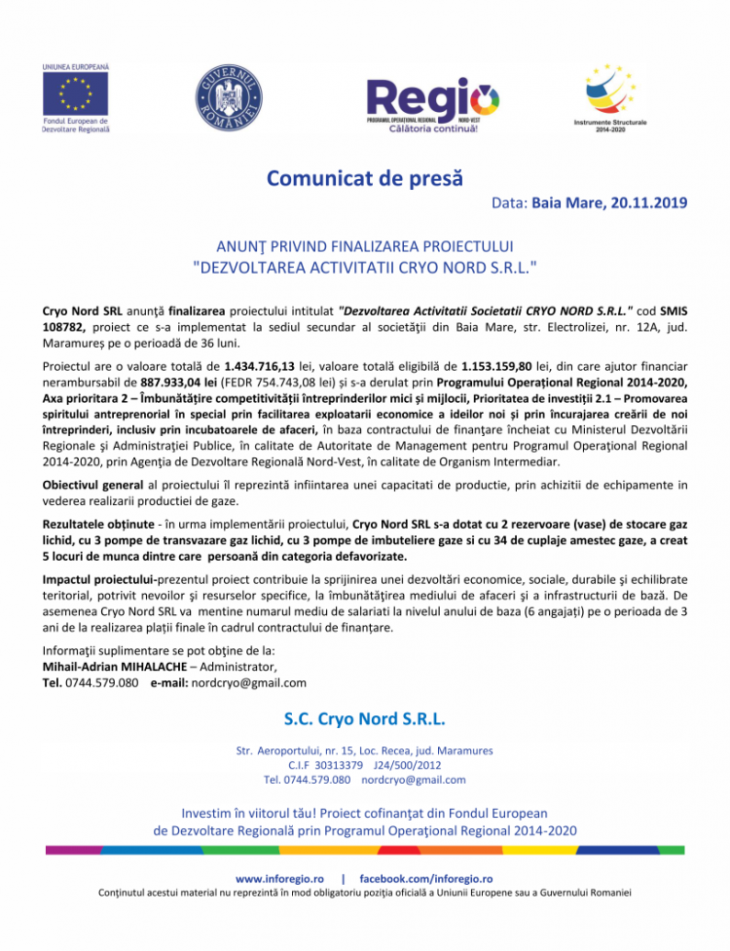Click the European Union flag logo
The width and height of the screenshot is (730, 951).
[x=74, y=94]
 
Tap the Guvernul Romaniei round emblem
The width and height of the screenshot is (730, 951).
[x=230, y=96]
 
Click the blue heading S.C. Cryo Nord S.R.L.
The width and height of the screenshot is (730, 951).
[x=365, y=719]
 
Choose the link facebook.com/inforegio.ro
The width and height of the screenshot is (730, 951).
[x=426, y=878]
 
